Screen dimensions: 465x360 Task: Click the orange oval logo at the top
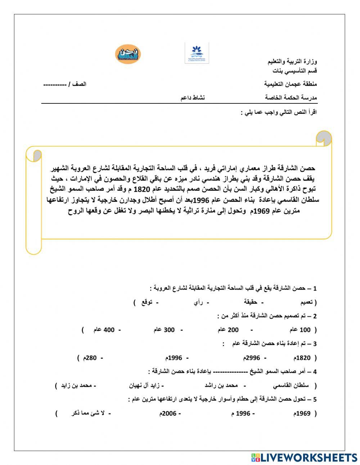click(128, 54)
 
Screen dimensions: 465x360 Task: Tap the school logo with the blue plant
click(197, 53)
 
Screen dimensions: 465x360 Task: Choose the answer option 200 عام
click(228, 330)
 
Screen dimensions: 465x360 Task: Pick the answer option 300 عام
click(164, 330)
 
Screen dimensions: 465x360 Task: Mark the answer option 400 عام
click(104, 330)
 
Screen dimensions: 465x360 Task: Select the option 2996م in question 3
click(252, 358)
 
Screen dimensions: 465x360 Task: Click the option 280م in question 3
click(90, 358)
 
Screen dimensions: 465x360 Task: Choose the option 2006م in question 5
click(168, 413)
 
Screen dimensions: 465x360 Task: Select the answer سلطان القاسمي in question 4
click(291, 385)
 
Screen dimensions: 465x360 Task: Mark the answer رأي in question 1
click(198, 302)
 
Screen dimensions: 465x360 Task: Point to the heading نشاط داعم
click(192, 98)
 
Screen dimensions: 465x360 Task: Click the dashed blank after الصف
click(55, 84)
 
